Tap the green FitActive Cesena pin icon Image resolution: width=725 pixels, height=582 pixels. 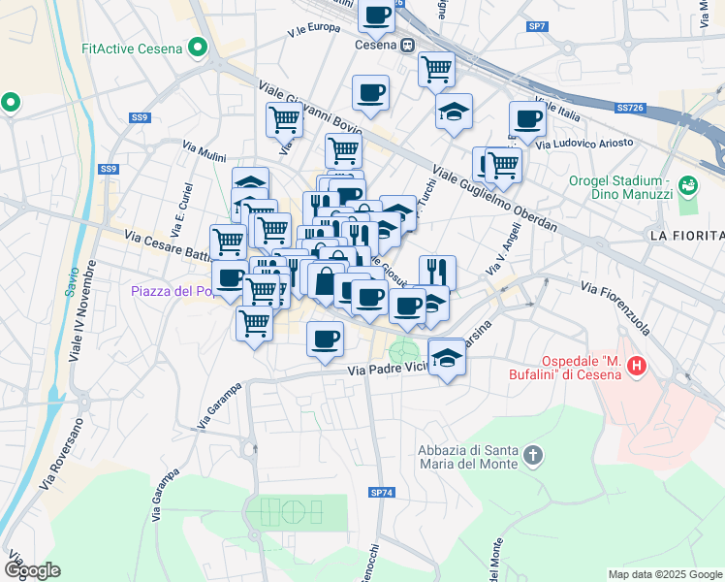[199, 47]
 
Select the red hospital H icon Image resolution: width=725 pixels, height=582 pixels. [637, 366]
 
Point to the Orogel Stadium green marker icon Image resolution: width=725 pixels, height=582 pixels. [688, 182]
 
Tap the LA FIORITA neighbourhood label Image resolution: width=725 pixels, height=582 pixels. [686, 236]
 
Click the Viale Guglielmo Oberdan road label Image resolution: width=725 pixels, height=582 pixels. [494, 197]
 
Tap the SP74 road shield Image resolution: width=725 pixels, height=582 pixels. [382, 493]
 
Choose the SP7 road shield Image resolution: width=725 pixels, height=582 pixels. [537, 26]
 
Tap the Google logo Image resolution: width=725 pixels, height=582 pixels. [32, 569]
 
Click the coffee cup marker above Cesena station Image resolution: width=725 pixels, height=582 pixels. [376, 15]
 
